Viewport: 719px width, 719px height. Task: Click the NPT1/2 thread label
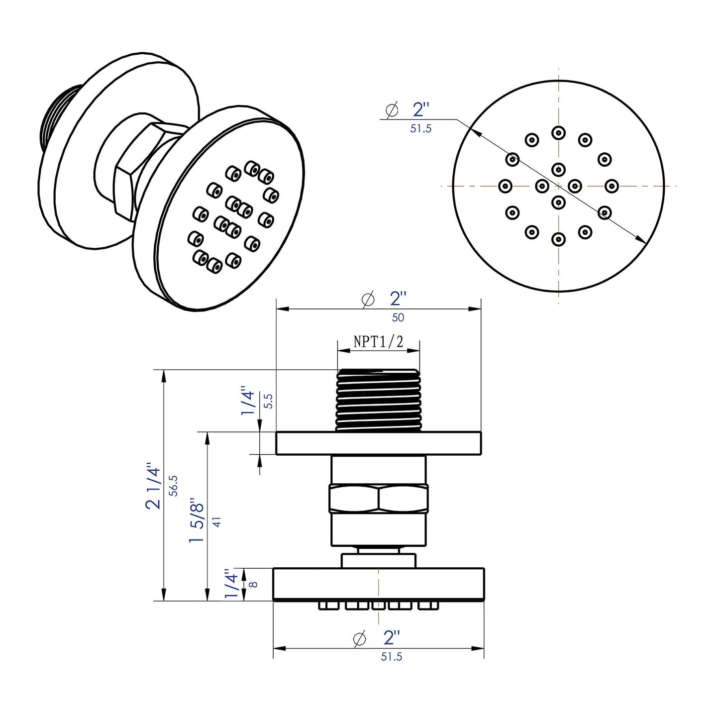point(378,341)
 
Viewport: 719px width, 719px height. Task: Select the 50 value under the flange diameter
point(398,317)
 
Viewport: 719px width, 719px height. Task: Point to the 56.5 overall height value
point(173,485)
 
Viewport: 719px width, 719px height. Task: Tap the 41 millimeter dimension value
point(216,522)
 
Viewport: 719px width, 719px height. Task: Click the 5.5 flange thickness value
point(268,401)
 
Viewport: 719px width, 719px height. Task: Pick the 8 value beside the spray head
point(254,584)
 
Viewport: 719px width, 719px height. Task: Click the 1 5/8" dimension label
point(197,522)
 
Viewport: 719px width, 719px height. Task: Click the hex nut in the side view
point(378,499)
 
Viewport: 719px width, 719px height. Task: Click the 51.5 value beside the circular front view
point(421,129)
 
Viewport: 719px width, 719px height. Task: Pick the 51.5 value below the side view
point(392,657)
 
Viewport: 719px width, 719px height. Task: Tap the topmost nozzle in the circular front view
point(558,133)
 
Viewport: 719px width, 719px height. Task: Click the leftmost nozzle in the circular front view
point(505,186)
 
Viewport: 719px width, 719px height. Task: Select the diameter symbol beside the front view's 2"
point(392,109)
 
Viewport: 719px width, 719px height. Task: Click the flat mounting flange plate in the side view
point(379,443)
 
